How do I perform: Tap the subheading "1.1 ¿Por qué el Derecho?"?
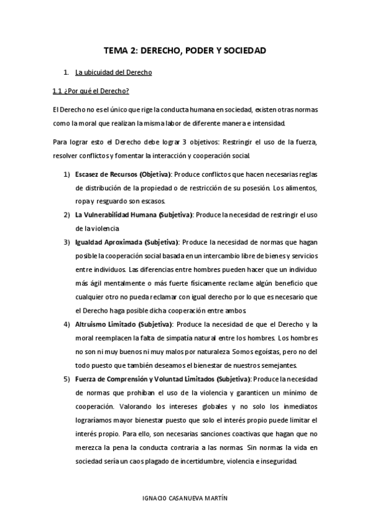(90, 91)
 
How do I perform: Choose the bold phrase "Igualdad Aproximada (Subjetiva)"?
(127, 242)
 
